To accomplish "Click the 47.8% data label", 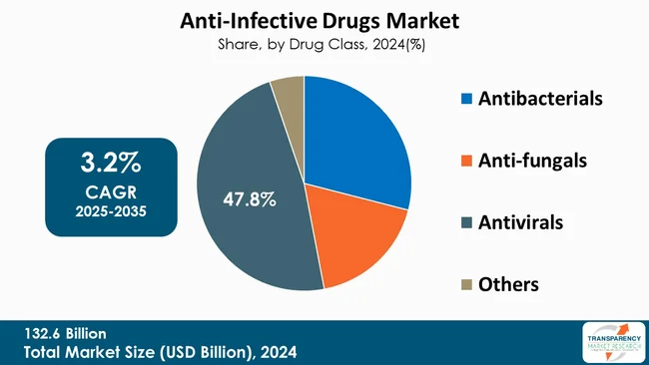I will pyautogui.click(x=249, y=199).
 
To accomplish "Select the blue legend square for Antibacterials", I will pyautogui.click(x=465, y=100).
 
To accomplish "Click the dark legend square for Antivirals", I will pyautogui.click(x=465, y=223).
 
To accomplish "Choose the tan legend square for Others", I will pyautogui.click(x=465, y=285).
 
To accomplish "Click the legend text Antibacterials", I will pyautogui.click(x=541, y=99).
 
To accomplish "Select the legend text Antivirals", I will pyautogui.click(x=519, y=222).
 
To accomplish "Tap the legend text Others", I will pyautogui.click(x=508, y=284).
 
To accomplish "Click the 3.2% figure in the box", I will pyautogui.click(x=110, y=163).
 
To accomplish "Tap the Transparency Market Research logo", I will pyautogui.click(x=611, y=342).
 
